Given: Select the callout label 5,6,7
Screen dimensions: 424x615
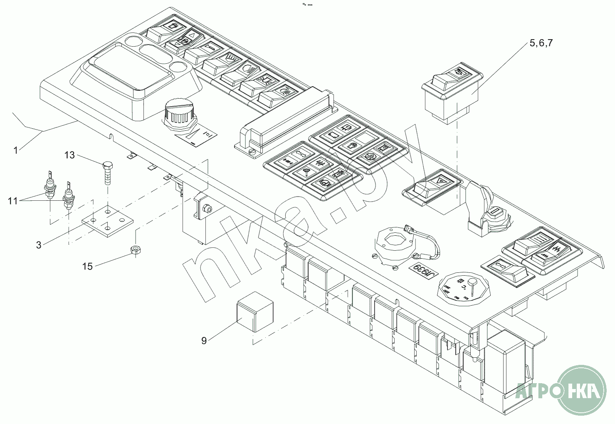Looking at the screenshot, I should point(541,43).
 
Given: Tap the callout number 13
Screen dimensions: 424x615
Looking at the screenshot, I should point(69,155).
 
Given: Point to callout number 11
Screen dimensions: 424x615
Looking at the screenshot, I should point(13,201).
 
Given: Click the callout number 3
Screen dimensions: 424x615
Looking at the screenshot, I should point(39,245).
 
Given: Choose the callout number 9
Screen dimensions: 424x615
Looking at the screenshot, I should point(204,341).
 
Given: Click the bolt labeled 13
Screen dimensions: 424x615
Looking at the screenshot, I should point(107,171).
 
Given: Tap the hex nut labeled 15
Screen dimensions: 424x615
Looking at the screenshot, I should point(135,249).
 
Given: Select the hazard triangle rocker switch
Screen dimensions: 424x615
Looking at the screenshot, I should point(432,186).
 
